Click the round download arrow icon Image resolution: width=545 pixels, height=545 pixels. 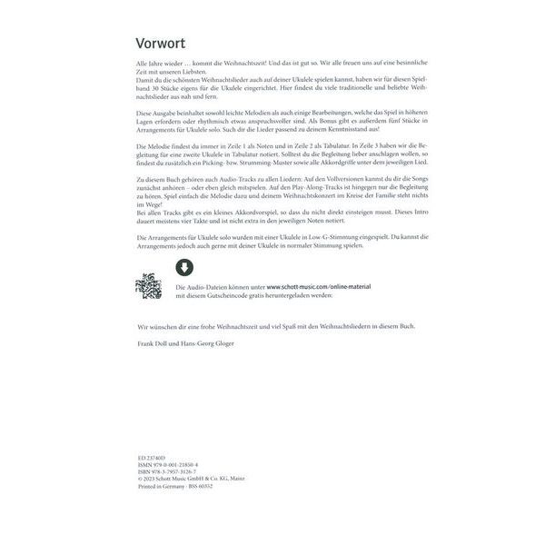pyautogui.click(x=183, y=267)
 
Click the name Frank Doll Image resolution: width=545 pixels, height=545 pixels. pyautogui.click(x=151, y=345)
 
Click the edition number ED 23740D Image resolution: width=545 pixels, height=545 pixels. pyautogui.click(x=146, y=461)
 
